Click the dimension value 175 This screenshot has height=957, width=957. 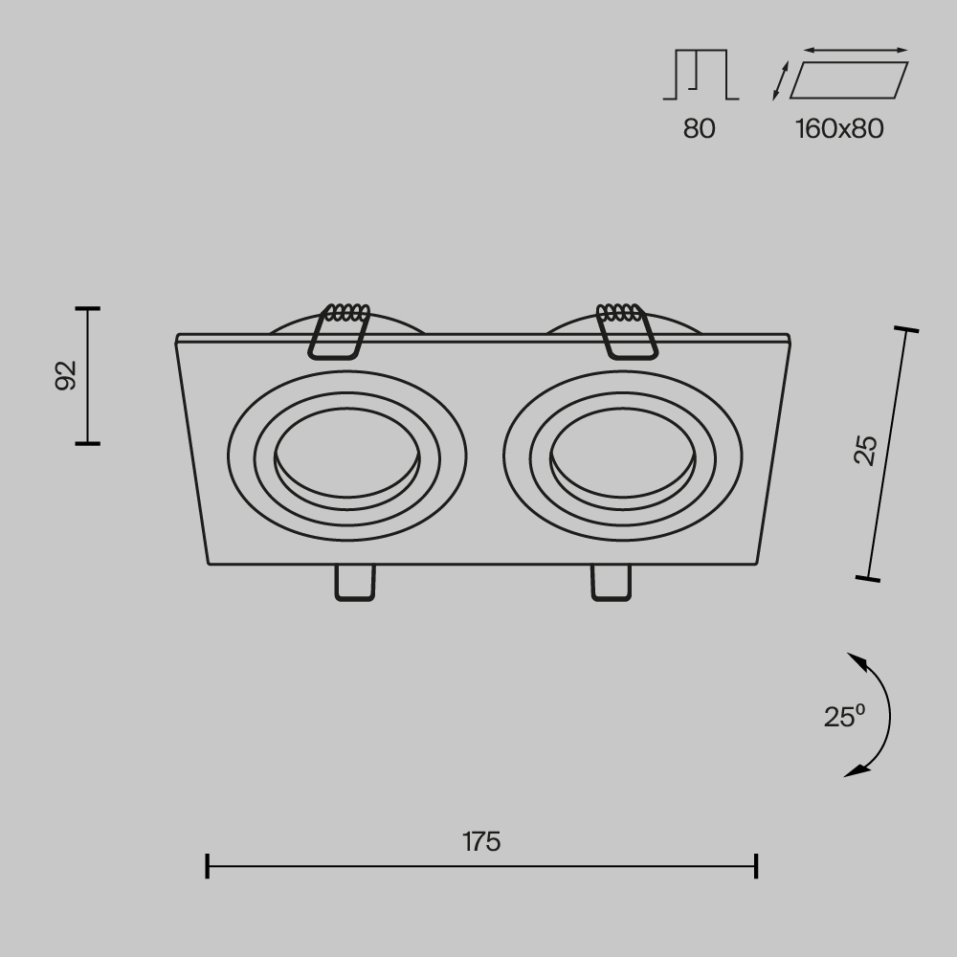481,842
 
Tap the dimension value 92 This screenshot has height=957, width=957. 65,375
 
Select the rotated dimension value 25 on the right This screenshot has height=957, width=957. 865,450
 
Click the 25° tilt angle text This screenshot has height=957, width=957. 844,716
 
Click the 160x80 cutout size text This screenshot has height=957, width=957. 839,128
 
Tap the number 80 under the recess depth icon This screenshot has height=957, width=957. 699,128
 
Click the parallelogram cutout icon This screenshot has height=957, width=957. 848,80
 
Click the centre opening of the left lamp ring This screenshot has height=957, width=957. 346,454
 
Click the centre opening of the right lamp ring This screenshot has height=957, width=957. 621,454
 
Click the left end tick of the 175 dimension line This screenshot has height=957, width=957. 208,866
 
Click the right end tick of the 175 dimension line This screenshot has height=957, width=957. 757,866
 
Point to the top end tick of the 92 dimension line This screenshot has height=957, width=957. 87,309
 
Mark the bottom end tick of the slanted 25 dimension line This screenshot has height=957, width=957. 868,578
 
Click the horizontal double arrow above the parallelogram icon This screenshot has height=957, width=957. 856,50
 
